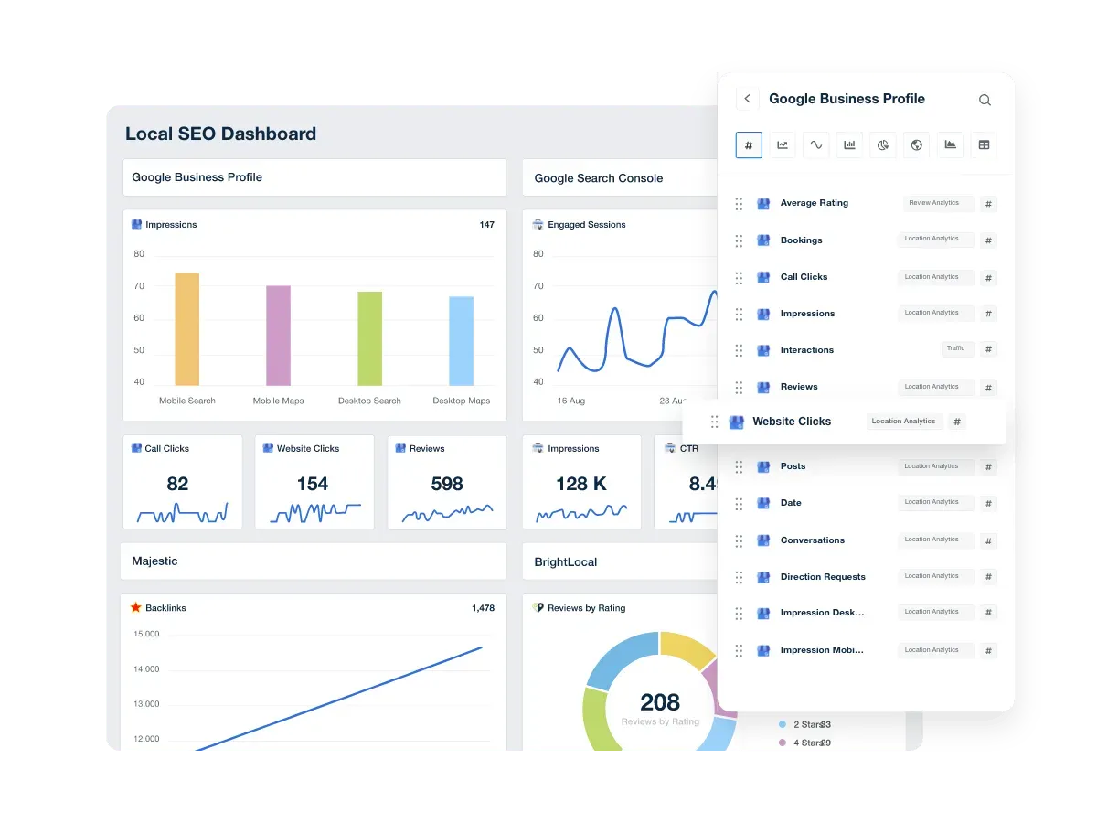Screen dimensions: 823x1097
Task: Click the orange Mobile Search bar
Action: click(186, 329)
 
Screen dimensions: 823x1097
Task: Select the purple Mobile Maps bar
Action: click(278, 336)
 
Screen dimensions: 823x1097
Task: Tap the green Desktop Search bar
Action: click(369, 338)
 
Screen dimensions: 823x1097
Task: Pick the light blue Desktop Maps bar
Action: click(461, 341)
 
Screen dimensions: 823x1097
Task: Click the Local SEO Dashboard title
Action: click(220, 134)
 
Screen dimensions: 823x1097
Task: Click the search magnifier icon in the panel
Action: click(985, 100)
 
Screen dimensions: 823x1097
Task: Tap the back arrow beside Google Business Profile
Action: click(747, 99)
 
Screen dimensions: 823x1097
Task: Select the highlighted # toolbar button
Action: click(749, 144)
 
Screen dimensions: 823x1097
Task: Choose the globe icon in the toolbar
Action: click(916, 144)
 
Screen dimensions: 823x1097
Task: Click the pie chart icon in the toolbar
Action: click(883, 144)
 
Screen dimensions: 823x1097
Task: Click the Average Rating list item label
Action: click(814, 203)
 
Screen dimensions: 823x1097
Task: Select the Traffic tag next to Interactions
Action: click(956, 348)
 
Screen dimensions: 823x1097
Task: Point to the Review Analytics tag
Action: click(934, 203)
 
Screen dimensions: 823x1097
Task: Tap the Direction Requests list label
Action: click(823, 577)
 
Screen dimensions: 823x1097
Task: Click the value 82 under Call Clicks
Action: click(177, 484)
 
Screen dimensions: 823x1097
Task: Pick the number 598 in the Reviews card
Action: click(446, 484)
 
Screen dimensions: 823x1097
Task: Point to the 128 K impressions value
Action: click(580, 484)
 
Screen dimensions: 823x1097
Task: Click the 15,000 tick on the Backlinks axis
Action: click(146, 634)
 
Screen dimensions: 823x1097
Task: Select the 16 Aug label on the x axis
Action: click(570, 401)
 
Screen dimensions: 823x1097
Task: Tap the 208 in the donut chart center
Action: click(659, 702)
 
